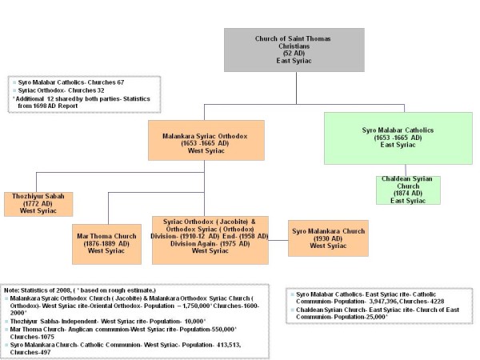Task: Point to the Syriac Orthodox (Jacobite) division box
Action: (x=211, y=235)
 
